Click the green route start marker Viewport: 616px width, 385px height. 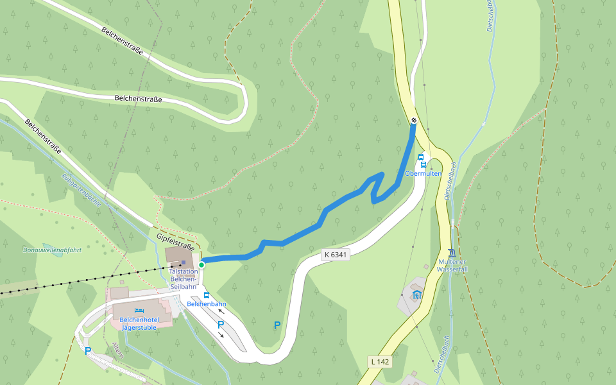click(201, 264)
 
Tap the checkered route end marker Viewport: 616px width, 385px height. click(414, 120)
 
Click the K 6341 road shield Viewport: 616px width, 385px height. click(336, 255)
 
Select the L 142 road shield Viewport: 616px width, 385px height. click(380, 362)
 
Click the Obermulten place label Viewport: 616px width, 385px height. click(424, 174)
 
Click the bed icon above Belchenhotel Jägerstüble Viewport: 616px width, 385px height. click(139, 310)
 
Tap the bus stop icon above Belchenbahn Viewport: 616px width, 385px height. click(207, 295)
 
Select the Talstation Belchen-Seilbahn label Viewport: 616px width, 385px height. click(183, 278)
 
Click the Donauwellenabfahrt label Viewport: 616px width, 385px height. click(52, 250)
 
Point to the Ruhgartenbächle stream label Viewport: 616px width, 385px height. click(81, 189)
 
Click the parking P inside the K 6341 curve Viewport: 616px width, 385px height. click(277, 325)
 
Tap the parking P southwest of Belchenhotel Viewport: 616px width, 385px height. click(88, 351)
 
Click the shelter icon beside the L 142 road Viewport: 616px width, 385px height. click(416, 295)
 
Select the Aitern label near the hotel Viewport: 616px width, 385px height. click(117, 350)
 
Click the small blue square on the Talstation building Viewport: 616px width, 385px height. click(183, 262)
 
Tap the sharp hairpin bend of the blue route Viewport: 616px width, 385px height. click(374, 201)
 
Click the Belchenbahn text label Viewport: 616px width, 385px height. click(207, 304)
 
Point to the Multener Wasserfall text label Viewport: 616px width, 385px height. click(452, 265)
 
